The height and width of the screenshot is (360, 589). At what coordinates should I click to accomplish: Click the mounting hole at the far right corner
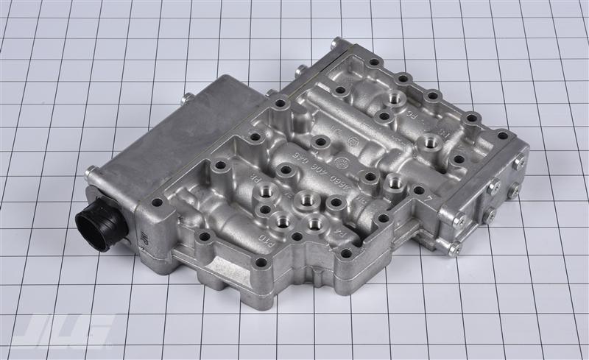[502, 135]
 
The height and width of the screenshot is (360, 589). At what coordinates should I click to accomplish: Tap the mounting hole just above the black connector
[156, 202]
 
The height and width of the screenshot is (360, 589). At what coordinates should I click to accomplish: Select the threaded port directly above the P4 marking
[314, 222]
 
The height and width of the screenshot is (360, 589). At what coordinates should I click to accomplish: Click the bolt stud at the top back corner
[336, 43]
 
